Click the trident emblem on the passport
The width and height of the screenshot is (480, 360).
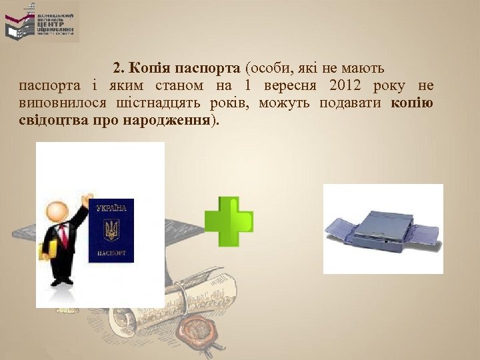(111, 231)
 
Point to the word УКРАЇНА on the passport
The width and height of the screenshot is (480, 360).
(111, 209)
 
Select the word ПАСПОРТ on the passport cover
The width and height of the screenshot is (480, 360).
(111, 254)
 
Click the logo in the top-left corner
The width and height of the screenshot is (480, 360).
(41, 22)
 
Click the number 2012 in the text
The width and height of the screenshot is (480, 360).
(344, 86)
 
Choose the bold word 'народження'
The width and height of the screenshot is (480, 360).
(173, 121)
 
